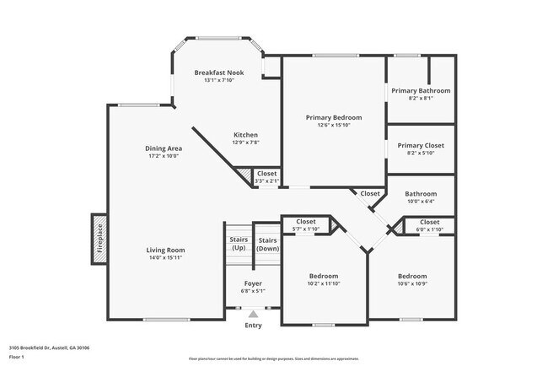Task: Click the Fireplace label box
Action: tap(99, 239)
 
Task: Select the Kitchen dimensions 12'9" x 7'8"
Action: tap(245, 143)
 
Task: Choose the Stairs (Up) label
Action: tap(239, 245)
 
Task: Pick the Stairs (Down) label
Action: tap(267, 245)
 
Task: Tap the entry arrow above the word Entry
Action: tap(253, 314)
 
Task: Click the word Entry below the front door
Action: tap(253, 326)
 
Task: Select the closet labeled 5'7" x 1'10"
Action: tap(305, 225)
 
